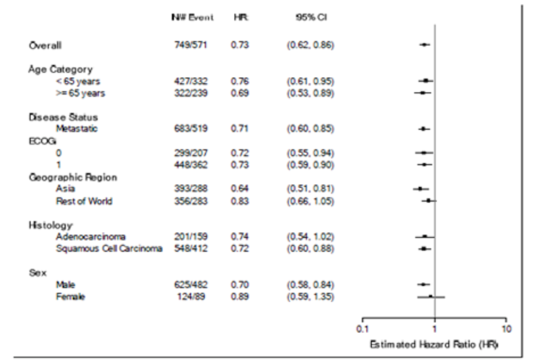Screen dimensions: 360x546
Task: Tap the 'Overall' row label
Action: click(45, 45)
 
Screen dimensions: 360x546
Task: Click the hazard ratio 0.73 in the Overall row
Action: click(239, 45)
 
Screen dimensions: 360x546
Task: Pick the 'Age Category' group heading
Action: click(61, 69)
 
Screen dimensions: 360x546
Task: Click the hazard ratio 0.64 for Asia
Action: click(239, 189)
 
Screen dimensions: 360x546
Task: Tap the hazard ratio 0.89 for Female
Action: click(239, 296)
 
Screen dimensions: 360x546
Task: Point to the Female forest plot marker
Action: click(430, 295)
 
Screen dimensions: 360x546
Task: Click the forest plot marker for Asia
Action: click(420, 189)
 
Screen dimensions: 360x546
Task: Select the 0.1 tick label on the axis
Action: click(362, 329)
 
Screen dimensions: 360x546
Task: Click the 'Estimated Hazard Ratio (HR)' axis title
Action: click(433, 344)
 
